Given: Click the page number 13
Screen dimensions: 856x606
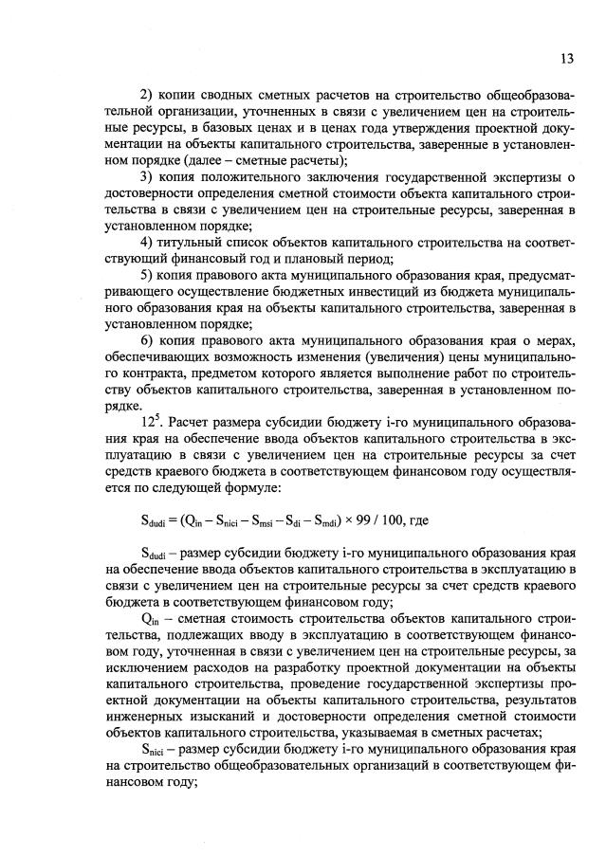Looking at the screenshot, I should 566,58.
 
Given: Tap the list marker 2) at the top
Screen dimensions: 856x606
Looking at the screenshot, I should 146,97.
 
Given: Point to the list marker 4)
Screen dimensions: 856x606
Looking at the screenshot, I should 146,241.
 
